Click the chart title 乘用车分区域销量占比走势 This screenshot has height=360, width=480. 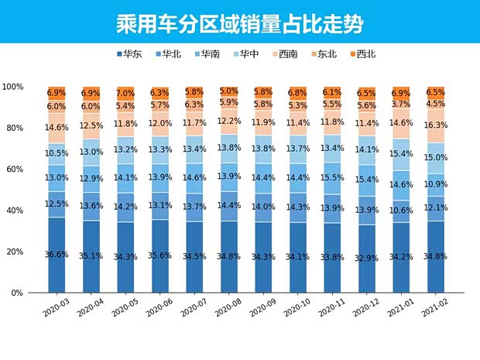[240, 22]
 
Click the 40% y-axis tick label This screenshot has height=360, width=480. [15, 211]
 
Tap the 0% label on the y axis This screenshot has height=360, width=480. [17, 293]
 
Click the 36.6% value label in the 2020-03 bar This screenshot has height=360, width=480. [57, 255]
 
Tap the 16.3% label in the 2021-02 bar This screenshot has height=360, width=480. [436, 124]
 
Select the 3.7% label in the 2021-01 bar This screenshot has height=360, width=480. [401, 104]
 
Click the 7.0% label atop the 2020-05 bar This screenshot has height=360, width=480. [125, 93]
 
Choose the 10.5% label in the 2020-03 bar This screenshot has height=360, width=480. [57, 153]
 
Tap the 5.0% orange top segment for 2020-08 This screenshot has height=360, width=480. [228, 91]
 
